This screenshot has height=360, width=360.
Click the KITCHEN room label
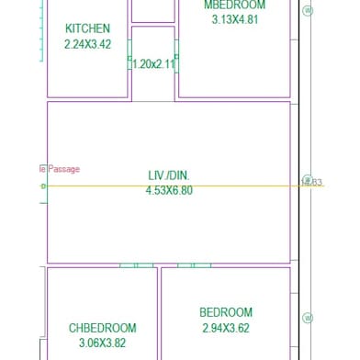87,29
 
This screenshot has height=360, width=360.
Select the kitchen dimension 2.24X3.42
87,44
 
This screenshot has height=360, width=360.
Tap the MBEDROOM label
234,6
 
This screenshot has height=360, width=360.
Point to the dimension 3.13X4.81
234,19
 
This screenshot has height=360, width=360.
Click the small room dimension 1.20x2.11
152,64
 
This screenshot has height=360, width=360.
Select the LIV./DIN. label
169,175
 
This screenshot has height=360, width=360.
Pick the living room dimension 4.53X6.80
169,190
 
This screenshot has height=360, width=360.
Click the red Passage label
63,169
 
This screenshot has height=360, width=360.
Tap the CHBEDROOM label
102,328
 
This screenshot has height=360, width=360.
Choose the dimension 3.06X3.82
102,343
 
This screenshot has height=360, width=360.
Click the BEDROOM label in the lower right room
226,312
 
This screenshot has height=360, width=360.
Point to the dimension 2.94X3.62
226,327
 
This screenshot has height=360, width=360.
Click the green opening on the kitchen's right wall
129,62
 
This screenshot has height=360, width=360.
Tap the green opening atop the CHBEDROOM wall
136,265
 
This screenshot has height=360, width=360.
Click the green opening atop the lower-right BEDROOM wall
194,265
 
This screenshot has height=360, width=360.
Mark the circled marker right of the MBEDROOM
308,11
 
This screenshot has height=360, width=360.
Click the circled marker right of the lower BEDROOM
308,319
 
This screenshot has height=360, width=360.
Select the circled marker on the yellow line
308,182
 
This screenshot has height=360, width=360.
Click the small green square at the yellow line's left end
42,186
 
